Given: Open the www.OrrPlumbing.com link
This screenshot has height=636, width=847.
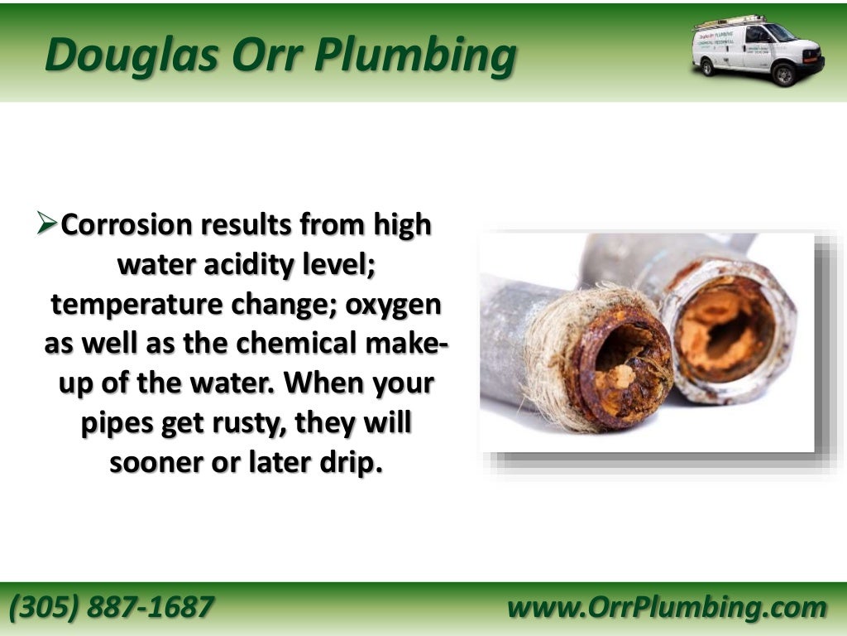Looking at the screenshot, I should coord(667,608).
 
